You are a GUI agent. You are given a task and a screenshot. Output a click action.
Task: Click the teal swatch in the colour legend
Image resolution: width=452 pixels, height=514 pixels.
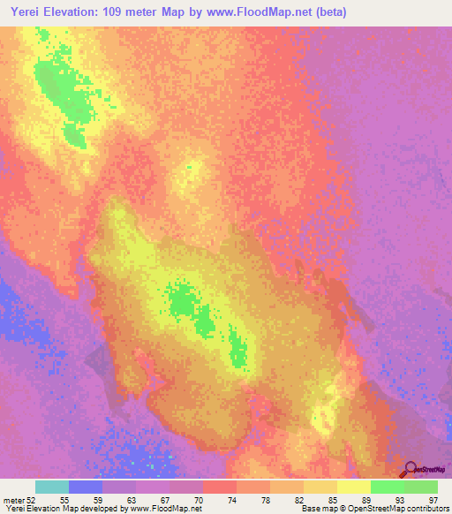52,487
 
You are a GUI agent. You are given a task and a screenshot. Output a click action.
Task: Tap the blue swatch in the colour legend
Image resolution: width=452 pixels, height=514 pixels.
86,487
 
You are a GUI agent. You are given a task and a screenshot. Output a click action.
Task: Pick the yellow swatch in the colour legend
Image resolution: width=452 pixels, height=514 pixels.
354,487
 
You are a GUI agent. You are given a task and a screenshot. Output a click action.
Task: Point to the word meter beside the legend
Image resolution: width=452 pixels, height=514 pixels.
14,501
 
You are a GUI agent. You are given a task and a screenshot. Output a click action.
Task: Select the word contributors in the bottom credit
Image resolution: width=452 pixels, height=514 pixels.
427,510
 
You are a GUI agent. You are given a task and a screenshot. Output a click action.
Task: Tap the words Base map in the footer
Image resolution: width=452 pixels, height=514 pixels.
316,510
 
